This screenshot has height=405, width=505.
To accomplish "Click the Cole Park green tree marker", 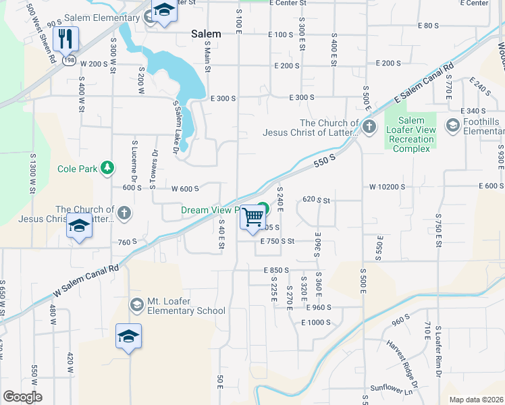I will (x=107, y=167).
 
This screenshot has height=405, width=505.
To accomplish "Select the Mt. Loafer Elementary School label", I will (x=186, y=306).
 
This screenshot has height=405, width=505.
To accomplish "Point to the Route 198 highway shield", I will (x=69, y=60).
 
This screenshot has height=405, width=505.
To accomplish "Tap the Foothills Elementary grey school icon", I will (x=452, y=126).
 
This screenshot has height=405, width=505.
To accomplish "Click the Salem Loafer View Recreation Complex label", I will (x=410, y=134).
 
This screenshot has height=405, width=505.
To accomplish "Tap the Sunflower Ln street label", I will (x=390, y=389).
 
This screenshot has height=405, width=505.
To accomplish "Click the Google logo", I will (x=22, y=397).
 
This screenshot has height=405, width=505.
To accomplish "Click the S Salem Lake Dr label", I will (x=178, y=129).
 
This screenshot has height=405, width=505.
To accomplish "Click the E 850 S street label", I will (x=279, y=270).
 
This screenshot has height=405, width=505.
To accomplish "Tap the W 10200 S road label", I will (x=387, y=186).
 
